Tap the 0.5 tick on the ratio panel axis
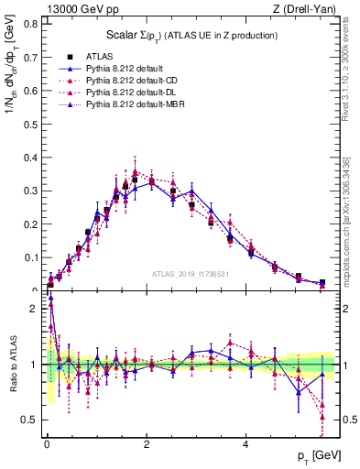[29, 420]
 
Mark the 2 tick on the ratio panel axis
[29, 309]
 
